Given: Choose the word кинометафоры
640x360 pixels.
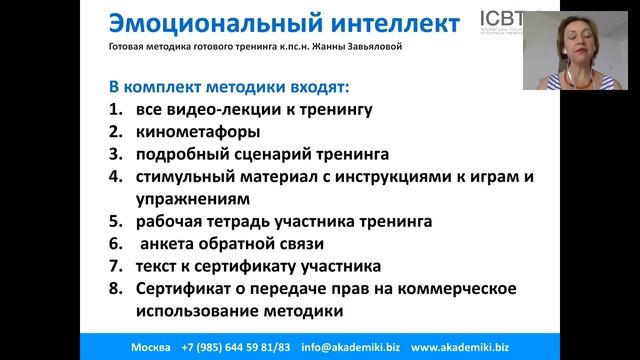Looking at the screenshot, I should coord(198,132).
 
